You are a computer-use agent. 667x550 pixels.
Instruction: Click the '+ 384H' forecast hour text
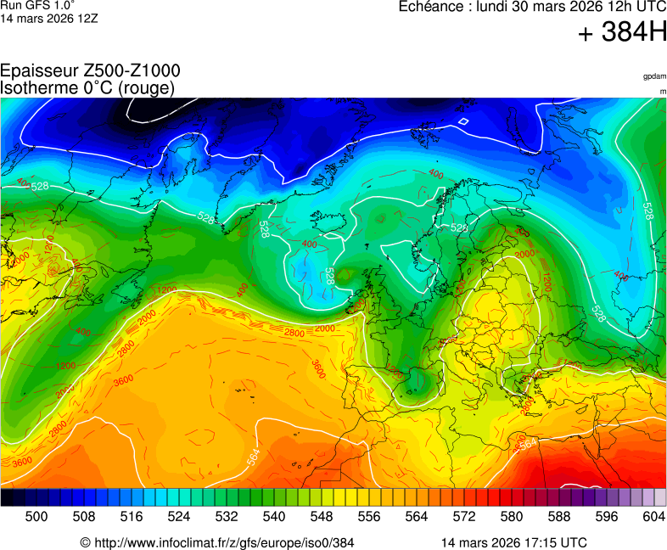(622, 34)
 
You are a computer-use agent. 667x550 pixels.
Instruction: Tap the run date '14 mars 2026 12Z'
(48, 18)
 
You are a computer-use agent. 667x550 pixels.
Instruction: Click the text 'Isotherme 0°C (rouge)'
(87, 87)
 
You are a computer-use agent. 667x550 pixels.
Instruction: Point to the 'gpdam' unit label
(654, 76)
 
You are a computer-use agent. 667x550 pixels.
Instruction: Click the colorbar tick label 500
(36, 516)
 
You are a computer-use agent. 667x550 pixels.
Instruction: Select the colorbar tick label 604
(653, 516)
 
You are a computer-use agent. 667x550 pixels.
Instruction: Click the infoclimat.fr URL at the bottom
(216, 542)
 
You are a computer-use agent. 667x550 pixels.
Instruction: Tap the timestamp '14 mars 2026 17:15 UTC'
(513, 542)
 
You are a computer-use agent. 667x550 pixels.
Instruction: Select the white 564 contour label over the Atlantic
(253, 457)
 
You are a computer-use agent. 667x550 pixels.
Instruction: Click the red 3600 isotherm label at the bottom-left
(22, 461)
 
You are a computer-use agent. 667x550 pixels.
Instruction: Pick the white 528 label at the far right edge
(648, 210)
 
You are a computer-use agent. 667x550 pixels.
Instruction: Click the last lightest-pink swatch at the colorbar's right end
(660, 498)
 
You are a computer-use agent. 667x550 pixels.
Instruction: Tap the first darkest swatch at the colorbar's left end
(7, 498)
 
